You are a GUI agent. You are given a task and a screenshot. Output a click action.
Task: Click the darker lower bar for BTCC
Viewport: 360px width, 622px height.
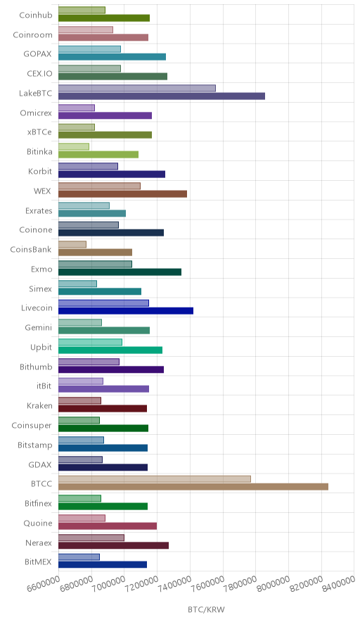tap(193, 487)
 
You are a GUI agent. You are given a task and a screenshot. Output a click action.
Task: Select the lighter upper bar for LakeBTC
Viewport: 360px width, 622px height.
tap(137, 88)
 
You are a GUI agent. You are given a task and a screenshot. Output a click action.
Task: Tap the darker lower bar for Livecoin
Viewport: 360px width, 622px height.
tap(126, 310)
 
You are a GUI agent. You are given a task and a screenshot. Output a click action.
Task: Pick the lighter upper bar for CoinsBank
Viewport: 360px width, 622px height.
tap(72, 244)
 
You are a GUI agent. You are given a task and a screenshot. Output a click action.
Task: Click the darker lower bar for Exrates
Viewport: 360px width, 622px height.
tap(92, 213)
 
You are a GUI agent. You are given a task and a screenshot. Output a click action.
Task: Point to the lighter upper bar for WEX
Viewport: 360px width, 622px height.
tap(99, 186)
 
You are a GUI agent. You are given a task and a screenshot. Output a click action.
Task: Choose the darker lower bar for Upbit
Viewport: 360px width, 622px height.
tap(110, 350)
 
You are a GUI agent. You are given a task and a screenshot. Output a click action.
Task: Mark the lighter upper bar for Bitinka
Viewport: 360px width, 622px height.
tap(74, 147)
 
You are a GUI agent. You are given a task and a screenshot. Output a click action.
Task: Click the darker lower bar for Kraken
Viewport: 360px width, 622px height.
tap(103, 409)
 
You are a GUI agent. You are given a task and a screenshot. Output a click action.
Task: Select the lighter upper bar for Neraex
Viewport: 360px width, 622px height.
tap(91, 538)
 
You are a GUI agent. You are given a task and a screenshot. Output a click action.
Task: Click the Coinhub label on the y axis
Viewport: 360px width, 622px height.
tap(36, 15)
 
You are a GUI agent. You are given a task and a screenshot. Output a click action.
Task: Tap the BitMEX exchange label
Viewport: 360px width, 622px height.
tap(38, 561)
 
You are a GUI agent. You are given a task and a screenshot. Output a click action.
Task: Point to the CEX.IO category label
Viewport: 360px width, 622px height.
tap(39, 74)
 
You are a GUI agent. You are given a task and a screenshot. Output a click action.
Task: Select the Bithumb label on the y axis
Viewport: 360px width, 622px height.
tap(36, 367)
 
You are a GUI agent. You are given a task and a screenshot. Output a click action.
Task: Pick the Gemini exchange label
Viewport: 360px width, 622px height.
tap(39, 328)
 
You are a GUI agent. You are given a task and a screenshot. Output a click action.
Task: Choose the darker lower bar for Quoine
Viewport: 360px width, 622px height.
tap(108, 526)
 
